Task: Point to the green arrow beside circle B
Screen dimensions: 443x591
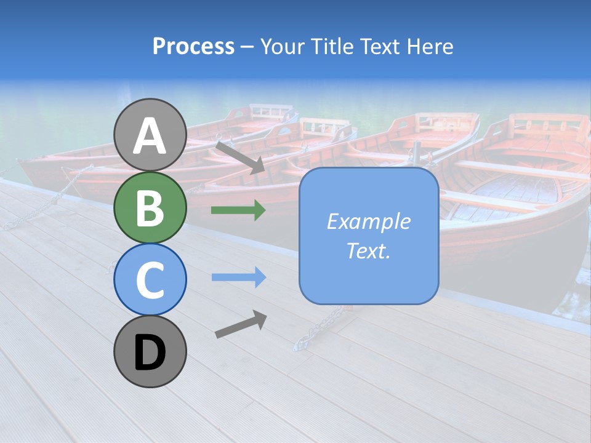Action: tap(238, 210)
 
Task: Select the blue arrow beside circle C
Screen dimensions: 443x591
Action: tap(238, 277)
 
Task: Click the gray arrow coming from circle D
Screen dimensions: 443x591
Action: tap(241, 324)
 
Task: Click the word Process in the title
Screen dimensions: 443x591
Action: tap(193, 47)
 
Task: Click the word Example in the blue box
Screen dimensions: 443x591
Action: tap(368, 221)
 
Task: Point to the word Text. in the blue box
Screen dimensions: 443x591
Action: tap(368, 250)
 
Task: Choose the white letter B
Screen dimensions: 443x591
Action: tap(150, 208)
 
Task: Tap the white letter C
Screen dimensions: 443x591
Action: tap(150, 280)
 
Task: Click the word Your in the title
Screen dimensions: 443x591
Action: tap(282, 47)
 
